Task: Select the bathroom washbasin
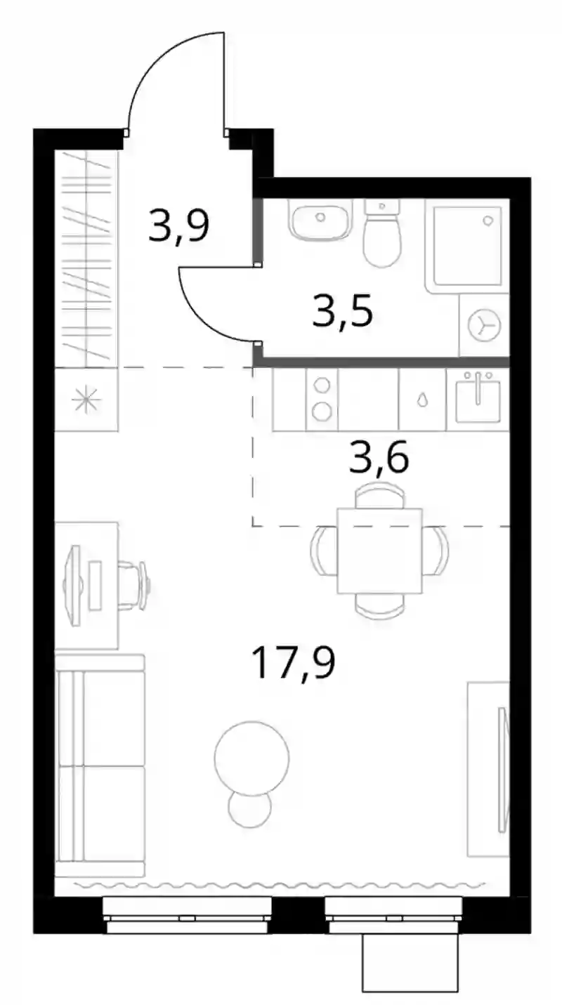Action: pyautogui.click(x=320, y=220)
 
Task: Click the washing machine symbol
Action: pyautogui.click(x=484, y=324)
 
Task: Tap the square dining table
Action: pyautogui.click(x=380, y=550)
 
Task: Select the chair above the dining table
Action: pyautogui.click(x=380, y=497)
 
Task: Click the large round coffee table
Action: pyautogui.click(x=251, y=758)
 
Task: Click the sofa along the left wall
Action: pyautogui.click(x=100, y=766)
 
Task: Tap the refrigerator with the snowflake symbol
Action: pyautogui.click(x=86, y=400)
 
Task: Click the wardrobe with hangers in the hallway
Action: pyautogui.click(x=86, y=258)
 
